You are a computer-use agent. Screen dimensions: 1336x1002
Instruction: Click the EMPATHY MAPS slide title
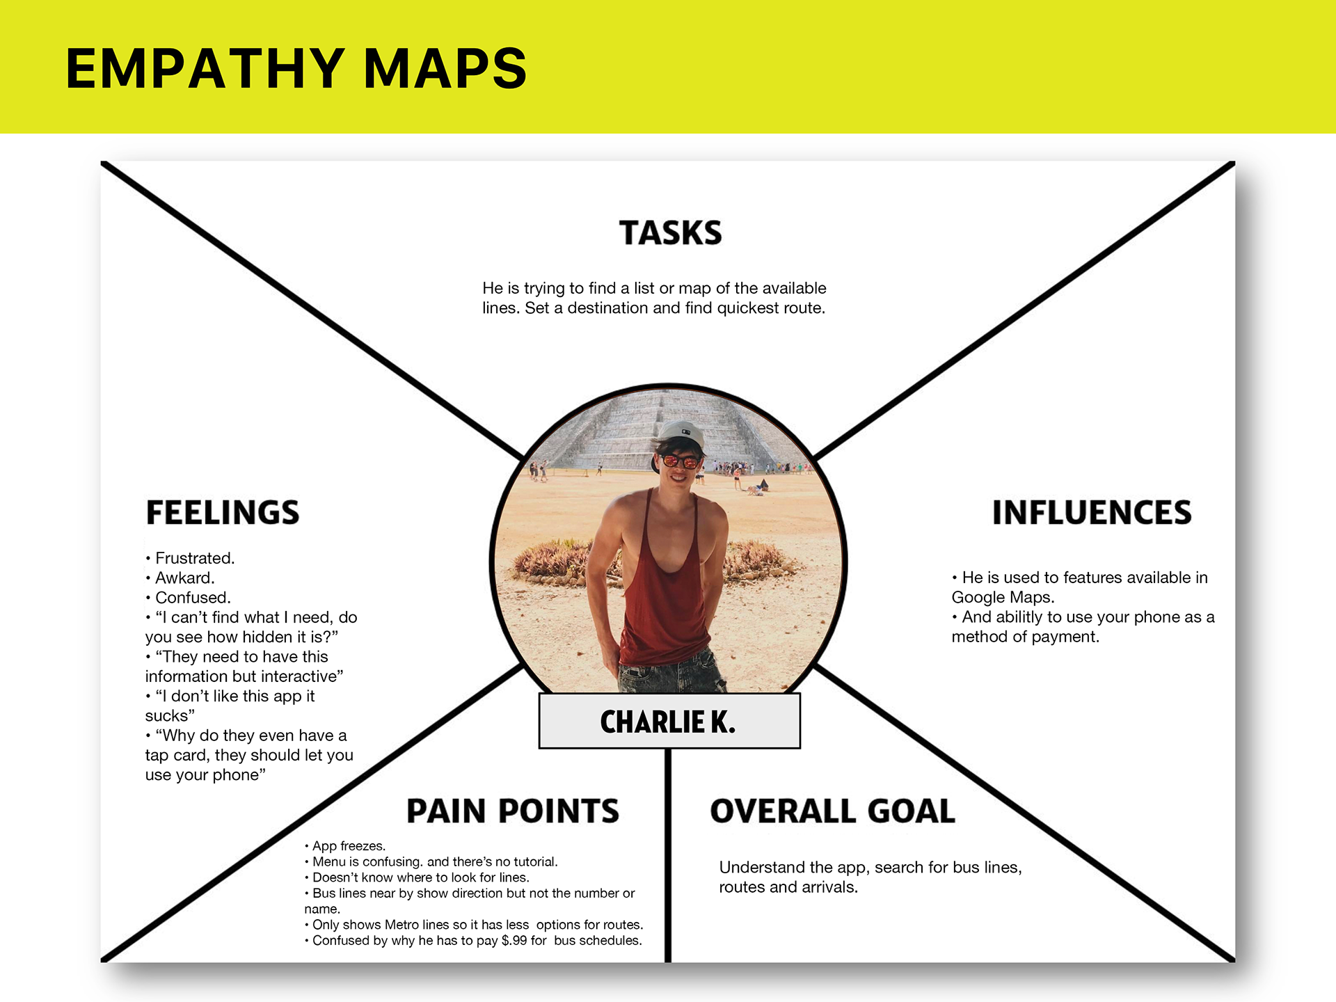[296, 68]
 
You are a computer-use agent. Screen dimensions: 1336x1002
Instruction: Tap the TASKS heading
[670, 233]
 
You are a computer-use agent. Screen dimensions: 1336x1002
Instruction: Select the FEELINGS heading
[223, 513]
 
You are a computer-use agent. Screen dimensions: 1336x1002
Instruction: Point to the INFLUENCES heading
[1091, 513]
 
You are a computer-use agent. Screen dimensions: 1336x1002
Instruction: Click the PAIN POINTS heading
[512, 811]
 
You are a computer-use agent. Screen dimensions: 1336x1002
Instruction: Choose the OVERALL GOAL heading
[832, 811]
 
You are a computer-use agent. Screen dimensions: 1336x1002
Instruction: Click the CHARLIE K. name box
[669, 722]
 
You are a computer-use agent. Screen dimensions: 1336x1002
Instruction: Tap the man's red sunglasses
[680, 461]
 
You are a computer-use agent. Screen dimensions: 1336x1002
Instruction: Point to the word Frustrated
[195, 558]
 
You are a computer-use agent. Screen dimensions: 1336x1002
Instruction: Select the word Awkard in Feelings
[184, 578]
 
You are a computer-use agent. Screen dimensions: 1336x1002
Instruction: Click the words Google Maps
[1002, 597]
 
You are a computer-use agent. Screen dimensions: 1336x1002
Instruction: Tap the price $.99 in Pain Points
[514, 941]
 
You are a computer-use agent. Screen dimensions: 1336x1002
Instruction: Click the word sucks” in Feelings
[170, 716]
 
